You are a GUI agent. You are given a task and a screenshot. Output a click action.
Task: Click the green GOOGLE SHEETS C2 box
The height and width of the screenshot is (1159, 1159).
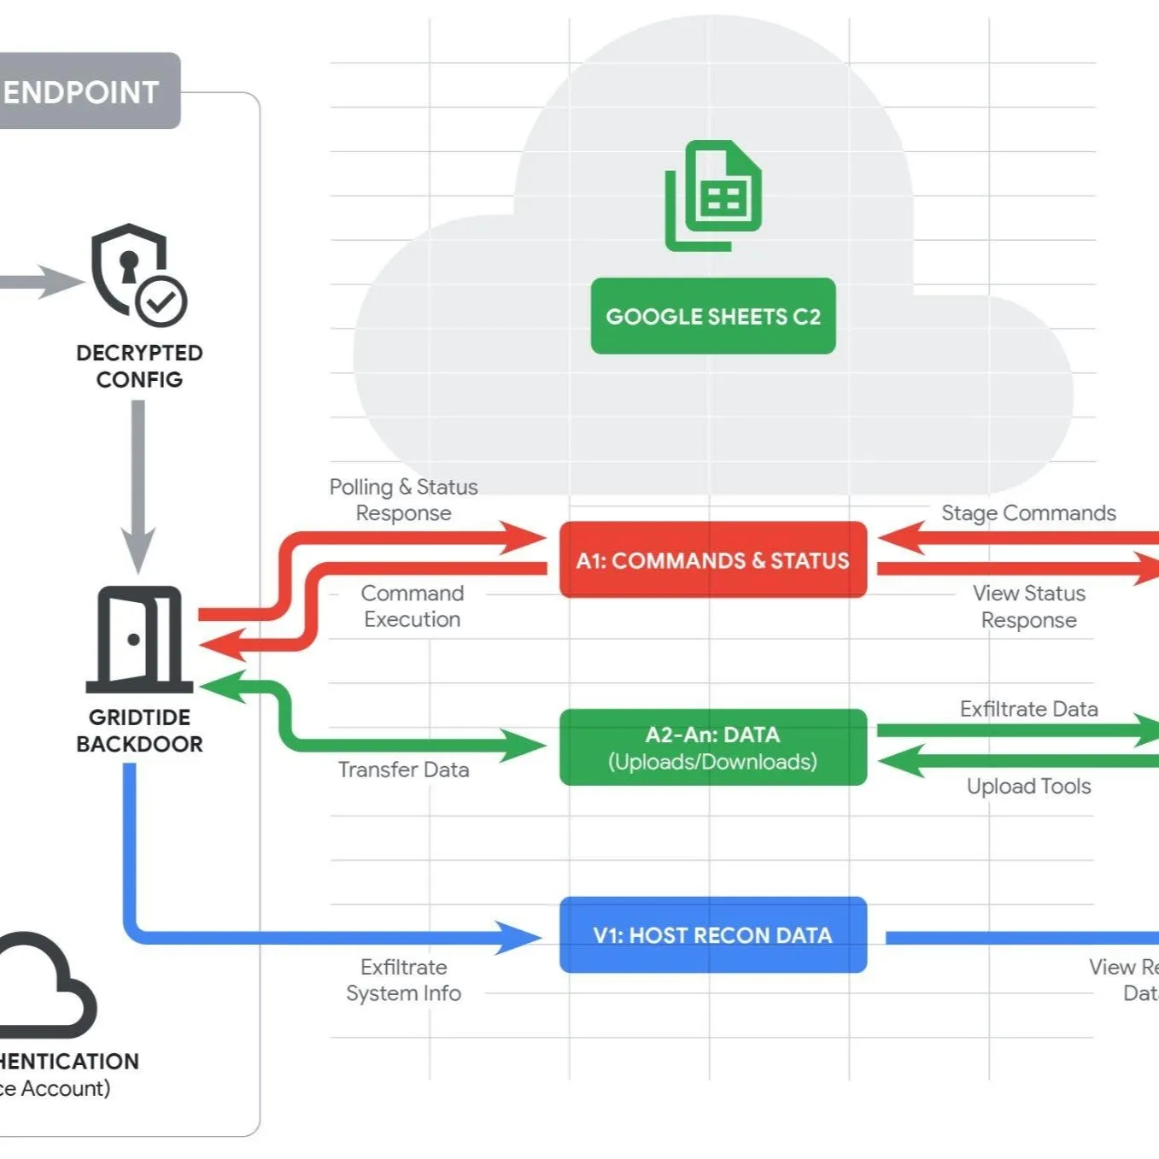pyautogui.click(x=712, y=316)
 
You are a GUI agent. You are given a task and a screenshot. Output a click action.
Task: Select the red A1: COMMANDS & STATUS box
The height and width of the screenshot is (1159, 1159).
pyautogui.click(x=712, y=560)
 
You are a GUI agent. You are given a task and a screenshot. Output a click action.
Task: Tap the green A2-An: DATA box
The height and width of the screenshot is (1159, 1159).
pyautogui.click(x=712, y=747)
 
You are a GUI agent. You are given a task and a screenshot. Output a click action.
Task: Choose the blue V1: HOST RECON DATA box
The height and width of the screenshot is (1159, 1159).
pyautogui.click(x=712, y=935)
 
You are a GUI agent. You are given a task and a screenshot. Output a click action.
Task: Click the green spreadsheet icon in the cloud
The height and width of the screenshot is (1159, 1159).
pyautogui.click(x=714, y=196)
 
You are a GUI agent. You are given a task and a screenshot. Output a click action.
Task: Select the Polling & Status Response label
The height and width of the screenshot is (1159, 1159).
pyautogui.click(x=403, y=500)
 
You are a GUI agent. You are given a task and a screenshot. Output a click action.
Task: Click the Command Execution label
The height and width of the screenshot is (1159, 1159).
pyautogui.click(x=412, y=606)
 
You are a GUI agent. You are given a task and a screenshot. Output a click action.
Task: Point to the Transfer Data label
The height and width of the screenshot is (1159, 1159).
pyautogui.click(x=403, y=770)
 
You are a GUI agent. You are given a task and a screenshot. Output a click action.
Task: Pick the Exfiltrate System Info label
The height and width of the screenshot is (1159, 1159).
pyautogui.click(x=403, y=980)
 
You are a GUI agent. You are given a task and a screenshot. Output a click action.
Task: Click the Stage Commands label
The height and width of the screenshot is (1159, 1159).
pyautogui.click(x=1028, y=512)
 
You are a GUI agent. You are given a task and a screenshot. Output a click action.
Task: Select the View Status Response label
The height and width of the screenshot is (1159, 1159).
pyautogui.click(x=1028, y=606)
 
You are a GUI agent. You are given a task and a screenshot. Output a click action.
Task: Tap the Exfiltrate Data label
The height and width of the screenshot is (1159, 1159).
pyautogui.click(x=1028, y=709)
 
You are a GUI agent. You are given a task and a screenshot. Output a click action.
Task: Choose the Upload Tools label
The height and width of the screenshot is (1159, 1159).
pyautogui.click(x=1028, y=786)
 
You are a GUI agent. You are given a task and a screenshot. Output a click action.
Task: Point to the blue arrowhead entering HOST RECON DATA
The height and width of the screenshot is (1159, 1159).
pyautogui.click(x=519, y=937)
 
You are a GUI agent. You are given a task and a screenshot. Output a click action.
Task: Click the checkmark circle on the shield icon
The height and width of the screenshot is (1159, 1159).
pyautogui.click(x=161, y=301)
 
